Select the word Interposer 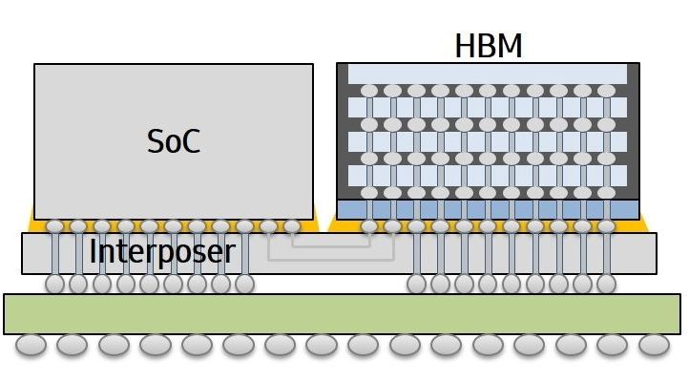pyautogui.click(x=162, y=252)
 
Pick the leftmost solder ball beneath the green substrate pyautogui.click(x=31, y=344)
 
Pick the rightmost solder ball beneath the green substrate pyautogui.click(x=655, y=344)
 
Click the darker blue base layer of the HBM pyautogui.click(x=488, y=208)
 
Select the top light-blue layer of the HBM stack pyautogui.click(x=488, y=74)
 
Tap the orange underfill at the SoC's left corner pyautogui.click(x=35, y=213)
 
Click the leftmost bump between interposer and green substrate pyautogui.click(x=54, y=284)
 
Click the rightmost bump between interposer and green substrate pyautogui.click(x=607, y=284)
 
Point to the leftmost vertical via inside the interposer pyautogui.click(x=54, y=255)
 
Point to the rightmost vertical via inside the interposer pyautogui.click(x=607, y=255)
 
